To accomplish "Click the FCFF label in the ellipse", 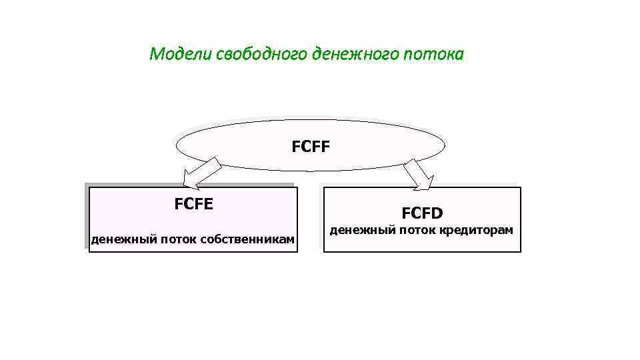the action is (311, 145).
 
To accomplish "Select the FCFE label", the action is (194, 204).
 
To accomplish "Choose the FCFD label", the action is (422, 213).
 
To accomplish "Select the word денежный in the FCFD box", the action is (360, 230).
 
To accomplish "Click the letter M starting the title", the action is (156, 54).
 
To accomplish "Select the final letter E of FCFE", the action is (209, 204).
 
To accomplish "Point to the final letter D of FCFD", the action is (437, 213).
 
